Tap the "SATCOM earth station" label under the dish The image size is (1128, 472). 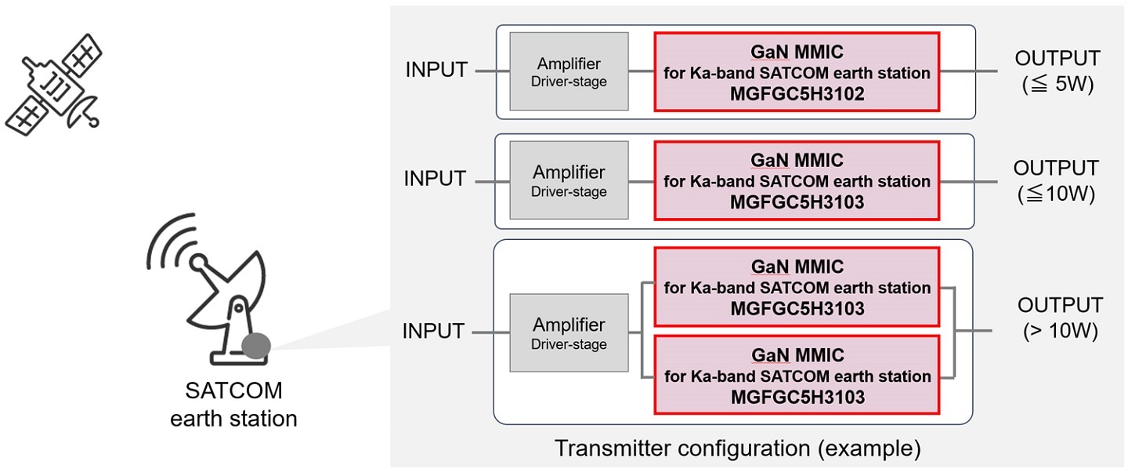coord(233,405)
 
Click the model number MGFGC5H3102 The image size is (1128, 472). coord(797,94)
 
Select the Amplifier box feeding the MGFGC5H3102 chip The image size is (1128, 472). coord(569,71)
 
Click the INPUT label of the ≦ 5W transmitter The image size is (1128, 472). coord(436,70)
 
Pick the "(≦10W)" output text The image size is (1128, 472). coord(1057,194)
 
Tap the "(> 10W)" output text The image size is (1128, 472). coord(1060,332)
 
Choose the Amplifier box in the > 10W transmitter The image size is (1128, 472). coord(569,332)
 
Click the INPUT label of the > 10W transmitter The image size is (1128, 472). coord(434,332)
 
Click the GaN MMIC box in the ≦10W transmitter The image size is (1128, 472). coord(797,181)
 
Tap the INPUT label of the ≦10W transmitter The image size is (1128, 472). coord(436,179)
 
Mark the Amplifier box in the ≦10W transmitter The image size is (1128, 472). coord(569,180)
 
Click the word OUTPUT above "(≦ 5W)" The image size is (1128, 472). coord(1057,59)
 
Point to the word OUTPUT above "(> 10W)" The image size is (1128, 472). coord(1060,305)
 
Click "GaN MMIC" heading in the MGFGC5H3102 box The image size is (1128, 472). coord(797,53)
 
